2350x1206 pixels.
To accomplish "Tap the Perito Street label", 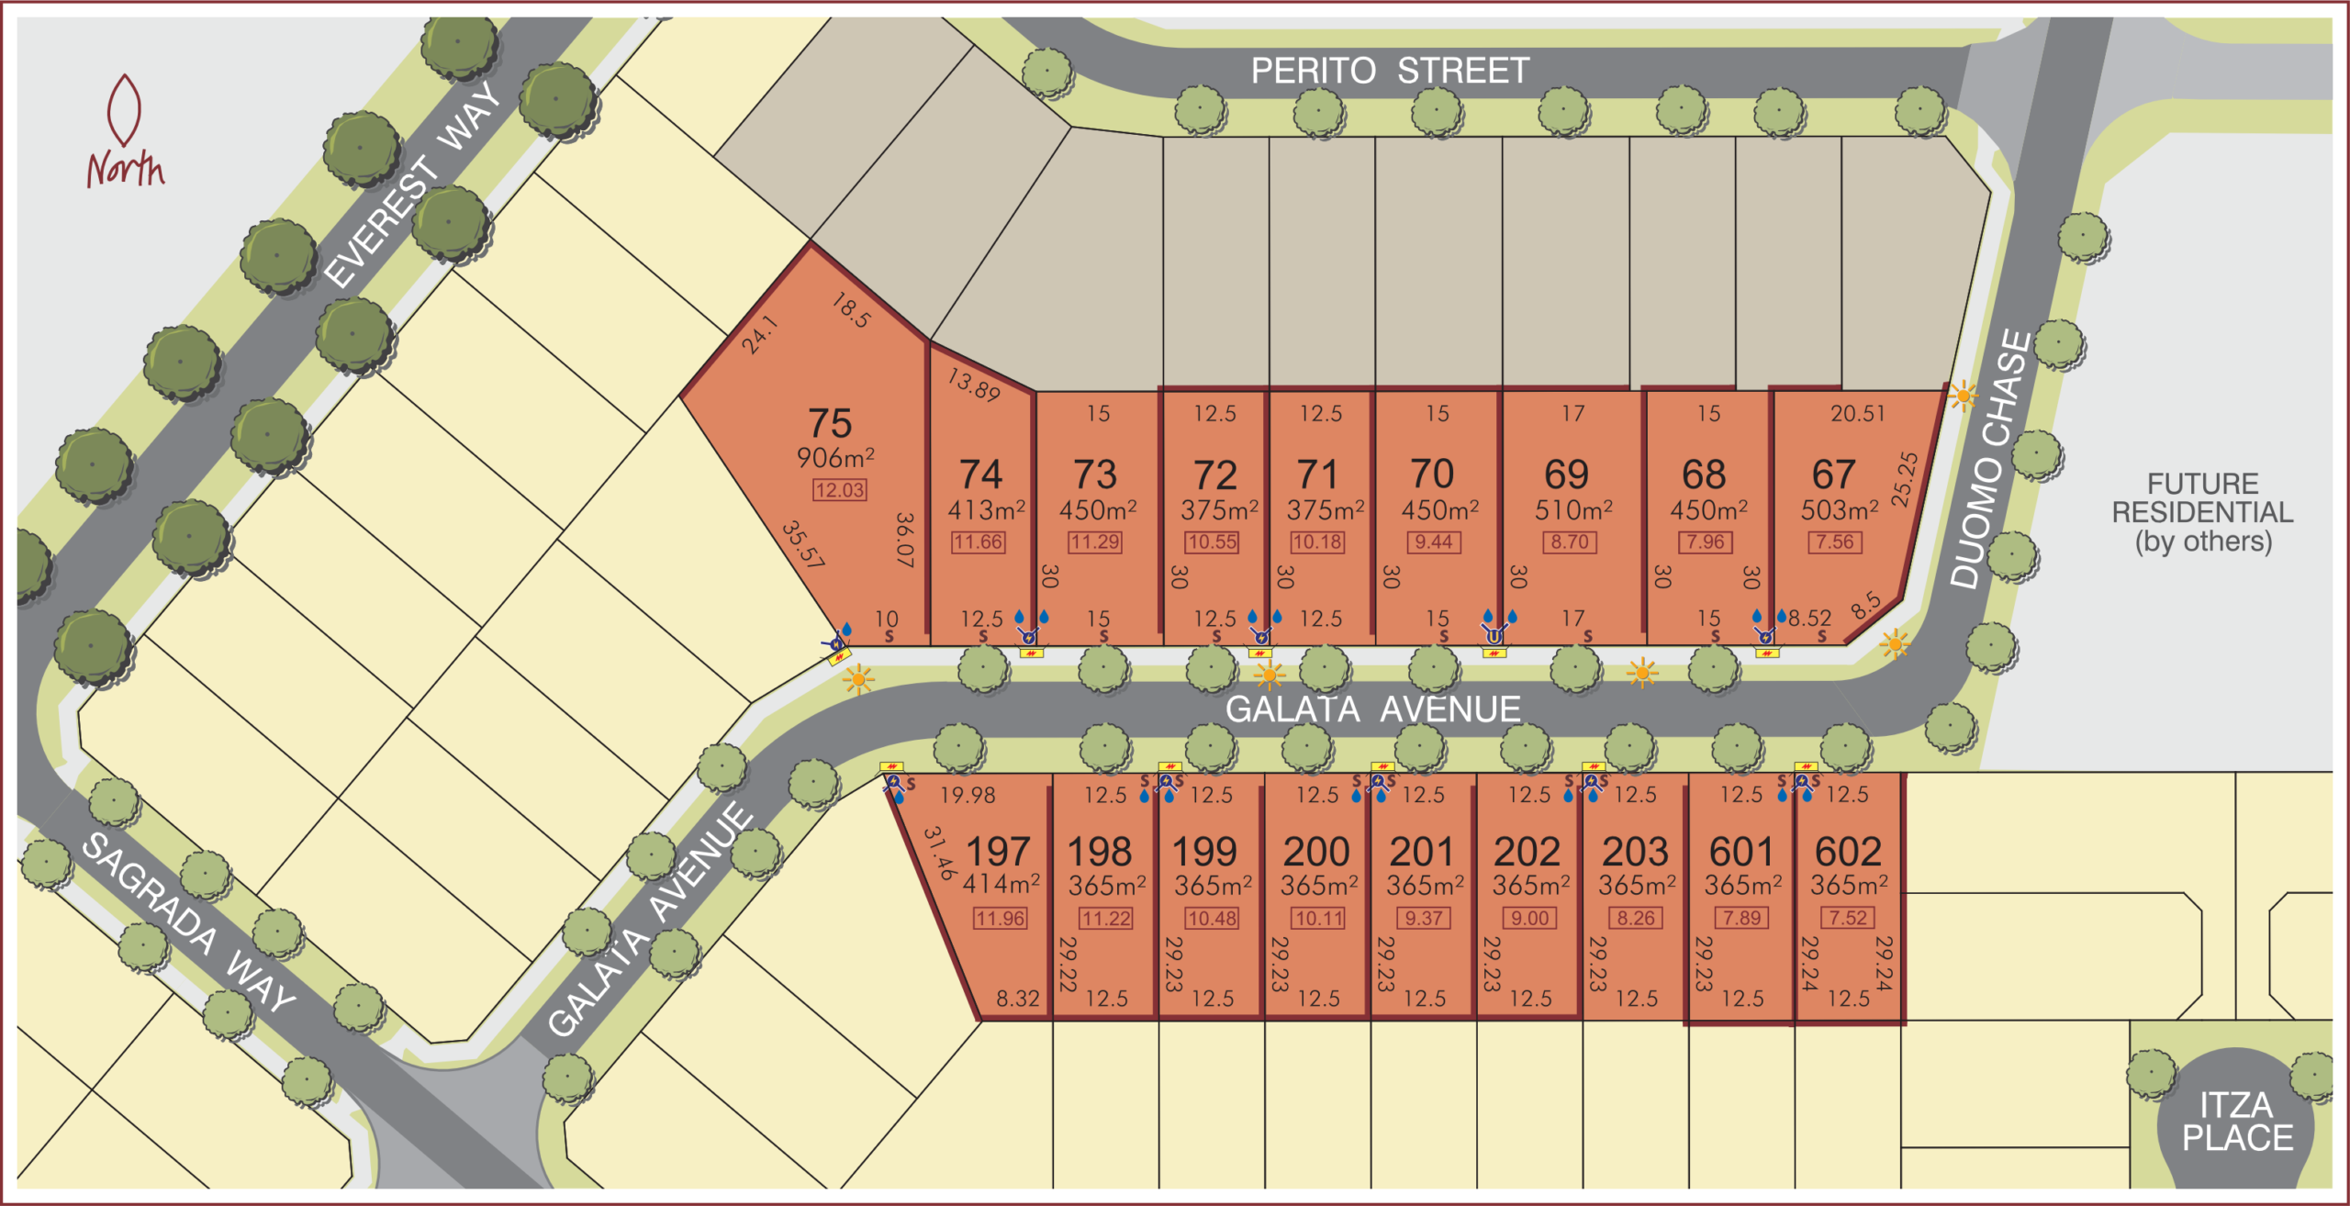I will pos(1389,71).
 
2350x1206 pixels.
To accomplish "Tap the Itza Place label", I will pos(2236,1122).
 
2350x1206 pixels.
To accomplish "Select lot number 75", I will pos(830,423).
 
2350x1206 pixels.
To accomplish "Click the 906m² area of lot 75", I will pos(835,457).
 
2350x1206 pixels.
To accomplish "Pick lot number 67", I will pos(1833,475).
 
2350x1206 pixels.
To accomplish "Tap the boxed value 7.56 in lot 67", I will pos(1835,542).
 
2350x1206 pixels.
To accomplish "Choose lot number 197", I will pos(998,852).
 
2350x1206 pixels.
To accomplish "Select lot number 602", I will pos(1848,852).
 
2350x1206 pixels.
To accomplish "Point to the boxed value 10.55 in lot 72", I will pos(1212,542).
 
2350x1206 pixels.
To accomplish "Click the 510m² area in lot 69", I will pos(1573,509).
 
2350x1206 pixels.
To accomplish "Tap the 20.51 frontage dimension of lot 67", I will pos(1857,414).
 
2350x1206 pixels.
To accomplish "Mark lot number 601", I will pos(1740,852).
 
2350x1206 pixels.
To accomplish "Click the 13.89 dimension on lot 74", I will pos(974,385).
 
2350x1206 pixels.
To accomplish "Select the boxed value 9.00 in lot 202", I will pos(1529,918).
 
